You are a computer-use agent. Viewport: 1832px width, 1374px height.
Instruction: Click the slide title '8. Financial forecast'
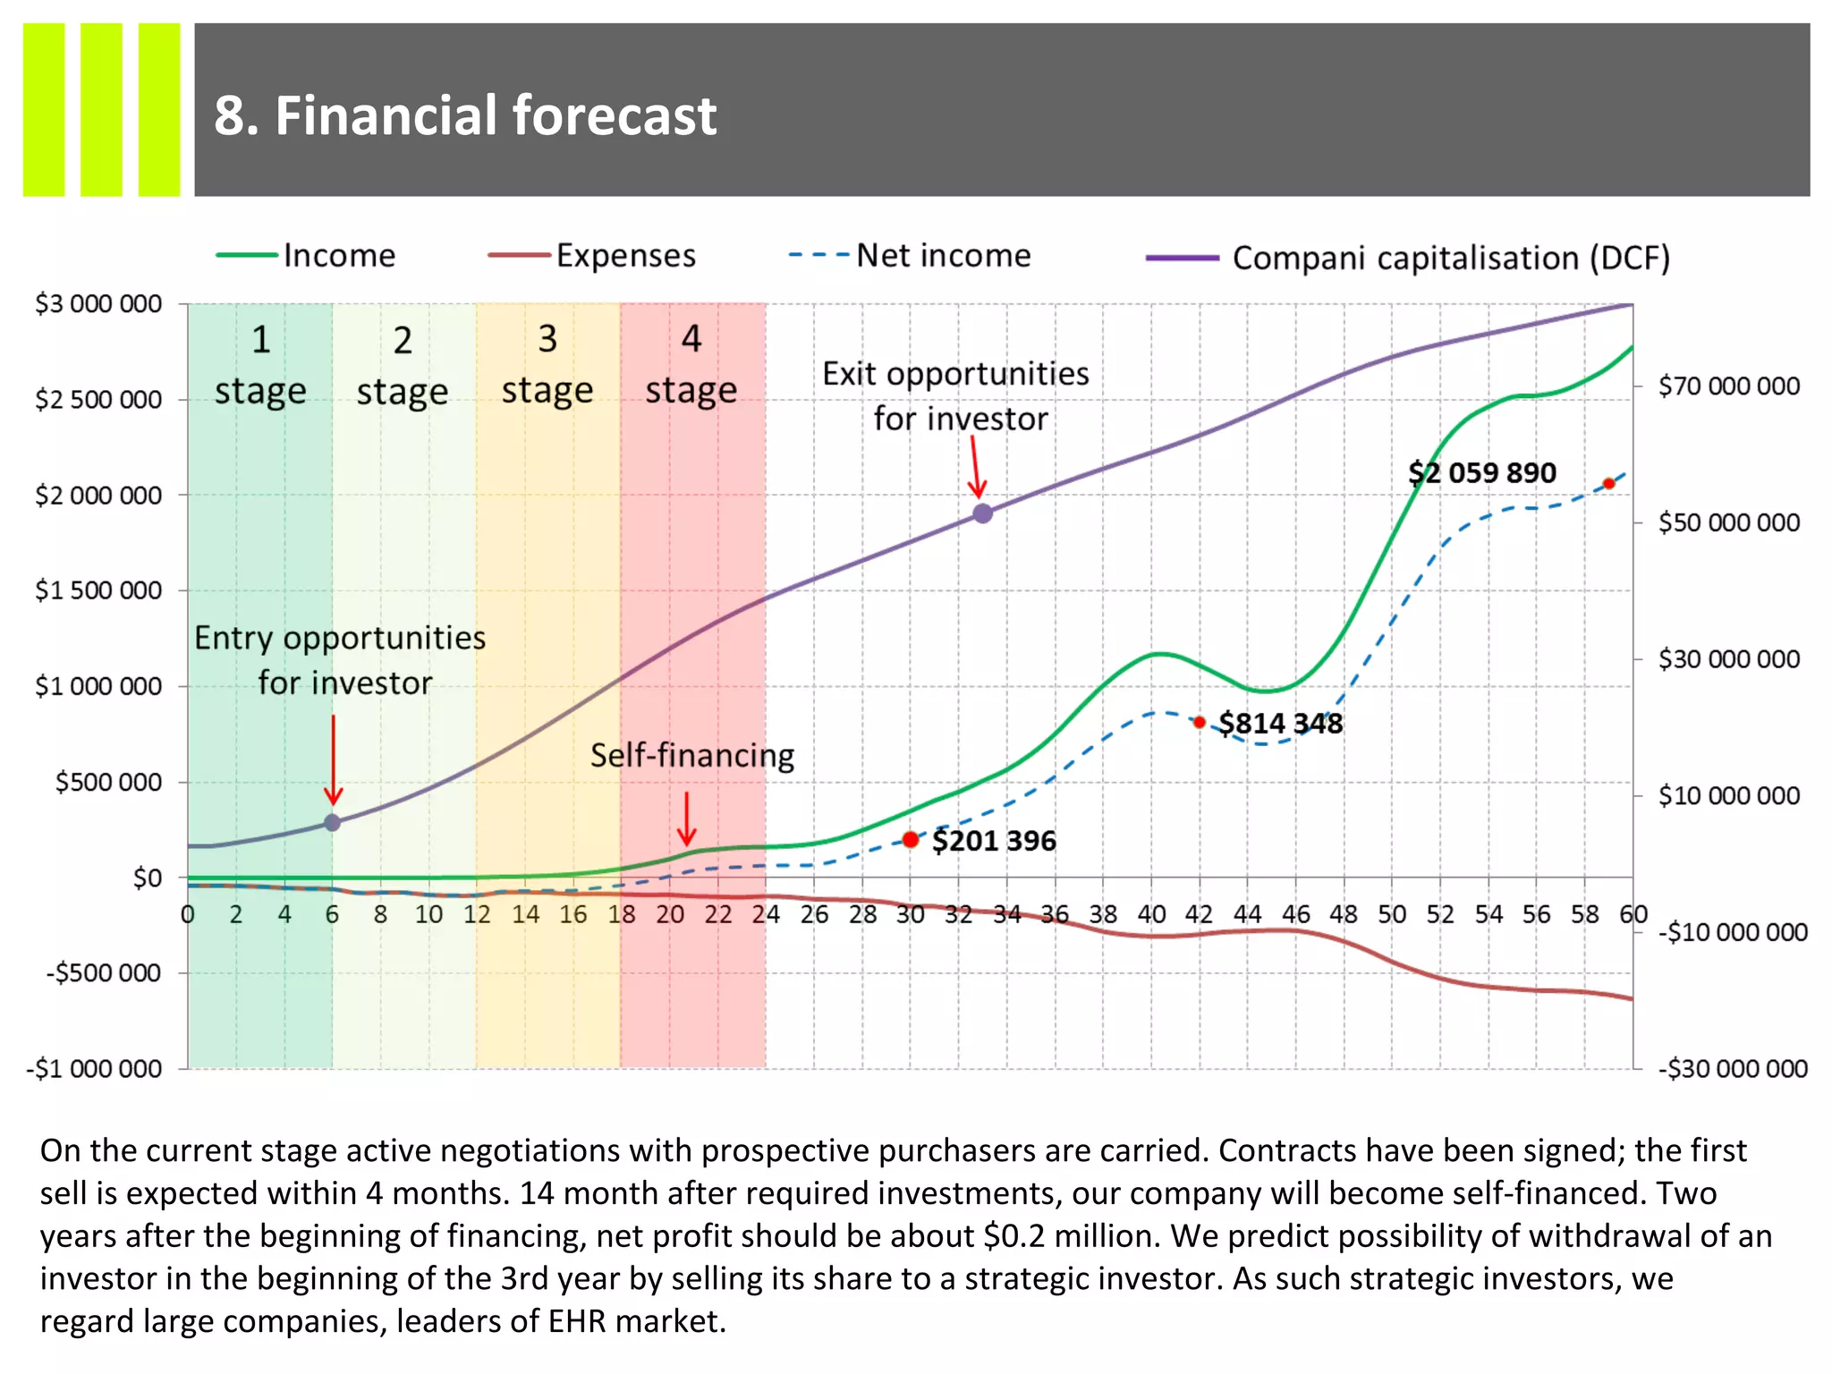pos(464,115)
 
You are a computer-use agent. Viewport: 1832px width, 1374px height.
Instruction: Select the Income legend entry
pos(338,256)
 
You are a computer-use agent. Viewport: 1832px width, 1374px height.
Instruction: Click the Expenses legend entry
pos(624,256)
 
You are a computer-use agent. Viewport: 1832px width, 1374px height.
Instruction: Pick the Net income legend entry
pos(942,256)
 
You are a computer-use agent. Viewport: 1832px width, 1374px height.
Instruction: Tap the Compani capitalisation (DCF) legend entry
pos(1449,259)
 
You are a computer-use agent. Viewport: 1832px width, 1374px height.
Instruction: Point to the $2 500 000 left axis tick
pos(98,399)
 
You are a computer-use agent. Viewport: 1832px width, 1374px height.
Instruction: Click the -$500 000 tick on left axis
pos(104,972)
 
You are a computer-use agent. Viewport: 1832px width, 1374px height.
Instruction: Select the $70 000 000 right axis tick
pos(1728,386)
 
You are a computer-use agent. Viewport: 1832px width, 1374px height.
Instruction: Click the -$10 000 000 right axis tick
pos(1732,932)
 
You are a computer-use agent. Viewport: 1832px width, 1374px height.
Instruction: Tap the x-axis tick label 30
pos(910,914)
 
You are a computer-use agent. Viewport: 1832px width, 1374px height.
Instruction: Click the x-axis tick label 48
pos(1343,914)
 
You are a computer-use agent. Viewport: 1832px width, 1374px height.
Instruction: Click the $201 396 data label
pos(993,841)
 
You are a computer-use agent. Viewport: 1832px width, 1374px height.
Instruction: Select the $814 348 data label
pos(1280,723)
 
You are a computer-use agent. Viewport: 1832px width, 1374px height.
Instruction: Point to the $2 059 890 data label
pos(1481,472)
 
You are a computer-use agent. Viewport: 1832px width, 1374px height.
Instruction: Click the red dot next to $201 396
pos(911,839)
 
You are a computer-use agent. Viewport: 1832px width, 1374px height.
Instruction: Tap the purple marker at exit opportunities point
pos(982,513)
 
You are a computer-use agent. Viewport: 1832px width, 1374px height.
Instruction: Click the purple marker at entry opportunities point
pos(332,822)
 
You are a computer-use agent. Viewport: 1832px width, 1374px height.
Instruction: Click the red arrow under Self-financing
pos(686,818)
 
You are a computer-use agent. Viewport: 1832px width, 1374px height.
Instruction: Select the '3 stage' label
pos(547,365)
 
